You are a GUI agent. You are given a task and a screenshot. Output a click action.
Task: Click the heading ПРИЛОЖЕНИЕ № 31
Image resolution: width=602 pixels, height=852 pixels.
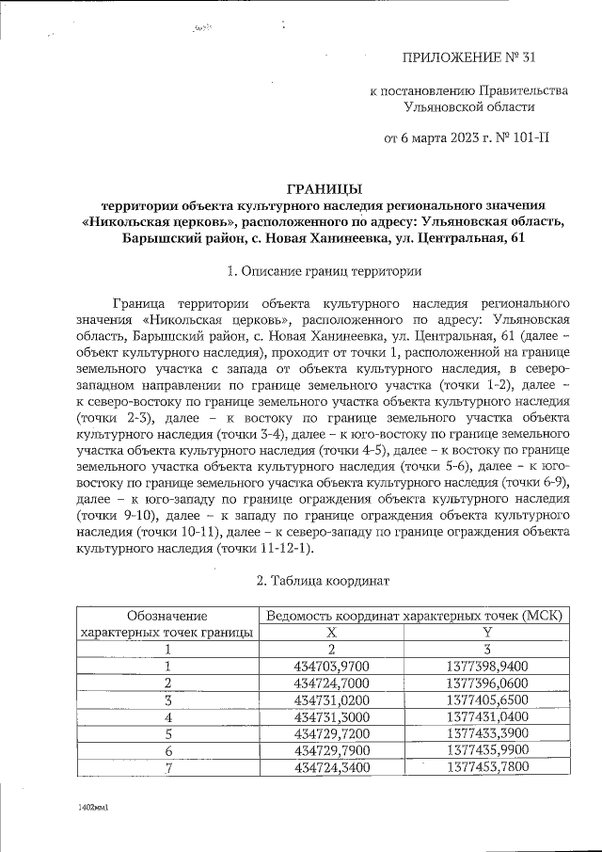(468, 58)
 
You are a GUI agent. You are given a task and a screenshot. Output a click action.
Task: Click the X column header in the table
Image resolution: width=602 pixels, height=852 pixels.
(331, 633)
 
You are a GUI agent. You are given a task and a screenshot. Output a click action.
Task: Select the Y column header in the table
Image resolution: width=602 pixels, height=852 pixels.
(487, 633)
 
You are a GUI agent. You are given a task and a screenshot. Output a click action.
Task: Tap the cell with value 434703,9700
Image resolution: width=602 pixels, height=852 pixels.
(331, 666)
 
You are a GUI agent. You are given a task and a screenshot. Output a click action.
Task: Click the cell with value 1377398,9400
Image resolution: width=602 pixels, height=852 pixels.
(487, 666)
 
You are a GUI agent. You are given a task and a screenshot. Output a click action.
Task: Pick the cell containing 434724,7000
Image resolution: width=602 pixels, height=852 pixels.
(331, 683)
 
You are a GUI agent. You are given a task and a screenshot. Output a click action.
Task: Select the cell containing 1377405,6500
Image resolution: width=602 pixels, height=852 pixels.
(487, 699)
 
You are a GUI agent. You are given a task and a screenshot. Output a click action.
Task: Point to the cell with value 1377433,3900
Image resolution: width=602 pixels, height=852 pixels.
(487, 732)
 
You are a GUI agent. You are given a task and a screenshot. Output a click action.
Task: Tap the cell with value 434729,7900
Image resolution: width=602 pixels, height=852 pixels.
(331, 749)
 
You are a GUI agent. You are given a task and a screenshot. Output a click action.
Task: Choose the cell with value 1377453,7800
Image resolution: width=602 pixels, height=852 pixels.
(487, 766)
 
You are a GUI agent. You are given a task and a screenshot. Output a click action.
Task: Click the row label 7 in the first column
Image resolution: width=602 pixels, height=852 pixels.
(167, 766)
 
